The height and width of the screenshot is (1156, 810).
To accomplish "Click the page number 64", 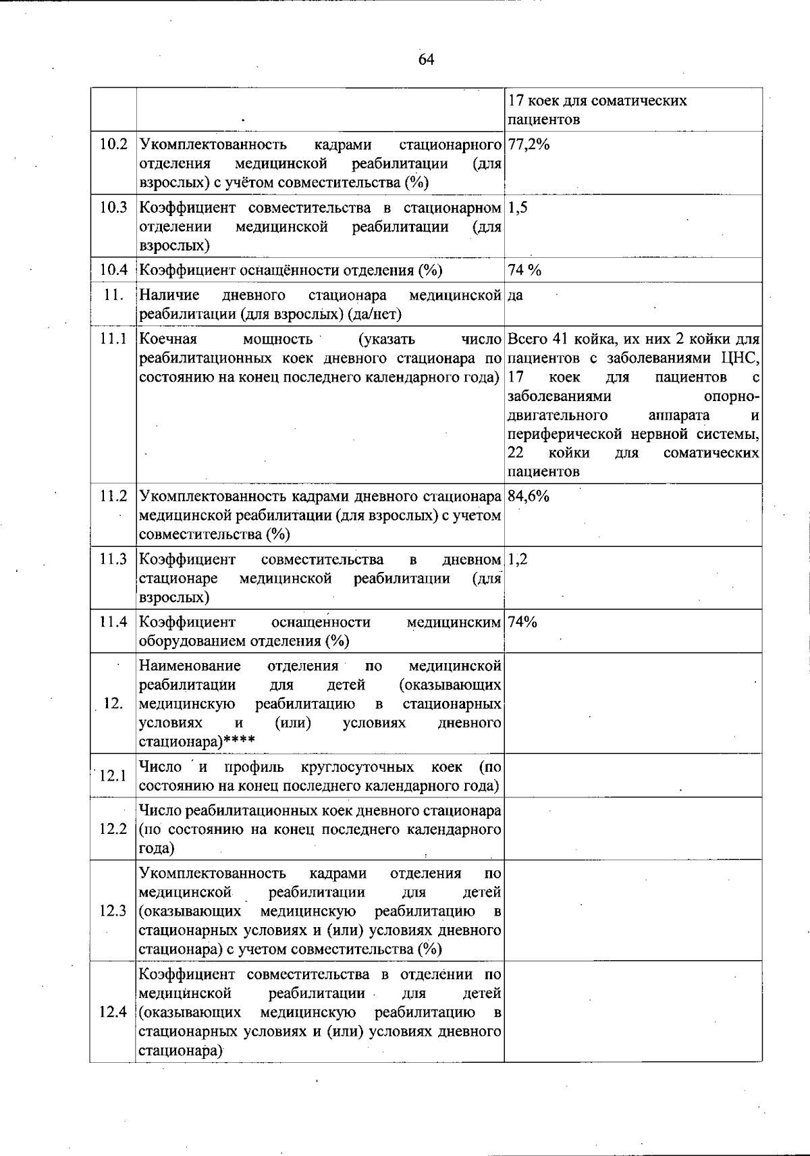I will click(x=426, y=60).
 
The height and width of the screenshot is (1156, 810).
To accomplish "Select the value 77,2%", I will click(x=529, y=144).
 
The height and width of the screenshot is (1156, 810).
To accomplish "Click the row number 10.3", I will click(x=113, y=208).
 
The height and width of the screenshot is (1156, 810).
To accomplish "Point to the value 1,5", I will click(x=518, y=208).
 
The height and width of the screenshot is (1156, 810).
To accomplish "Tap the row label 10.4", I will click(x=113, y=271).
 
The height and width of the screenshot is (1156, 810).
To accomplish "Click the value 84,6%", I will click(x=529, y=496).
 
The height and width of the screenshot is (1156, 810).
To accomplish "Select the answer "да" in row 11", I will click(x=515, y=296).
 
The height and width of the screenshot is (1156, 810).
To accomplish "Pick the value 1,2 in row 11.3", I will click(x=518, y=560).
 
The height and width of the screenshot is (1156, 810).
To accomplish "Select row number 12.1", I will click(x=113, y=776).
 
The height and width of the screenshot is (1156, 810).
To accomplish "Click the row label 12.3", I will click(x=113, y=912).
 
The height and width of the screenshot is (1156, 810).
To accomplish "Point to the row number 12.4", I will click(x=113, y=1012).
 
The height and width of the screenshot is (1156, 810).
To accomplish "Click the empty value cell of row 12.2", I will click(x=632, y=829).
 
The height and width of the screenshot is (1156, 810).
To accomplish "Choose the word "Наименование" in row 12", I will click(x=190, y=666).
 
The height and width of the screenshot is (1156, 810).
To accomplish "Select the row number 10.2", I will click(x=113, y=145).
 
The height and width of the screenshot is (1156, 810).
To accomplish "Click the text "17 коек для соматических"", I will click(x=597, y=101).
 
